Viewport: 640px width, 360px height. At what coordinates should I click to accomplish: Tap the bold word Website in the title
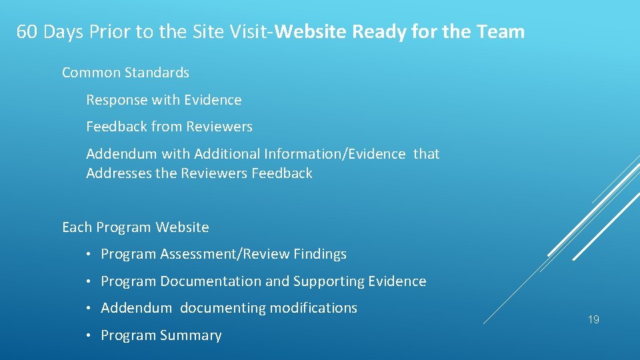(x=311, y=32)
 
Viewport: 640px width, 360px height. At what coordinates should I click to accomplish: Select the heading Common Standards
(x=125, y=73)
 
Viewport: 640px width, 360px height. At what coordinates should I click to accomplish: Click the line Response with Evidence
(x=164, y=100)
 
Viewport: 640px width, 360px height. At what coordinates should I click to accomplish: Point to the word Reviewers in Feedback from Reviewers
(x=219, y=127)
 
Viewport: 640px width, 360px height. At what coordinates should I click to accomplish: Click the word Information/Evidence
(x=334, y=154)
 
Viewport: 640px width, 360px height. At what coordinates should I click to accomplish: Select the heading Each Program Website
(x=135, y=227)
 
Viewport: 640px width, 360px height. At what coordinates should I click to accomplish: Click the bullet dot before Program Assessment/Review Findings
(x=89, y=255)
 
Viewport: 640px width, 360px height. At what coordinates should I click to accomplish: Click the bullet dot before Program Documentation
(x=89, y=282)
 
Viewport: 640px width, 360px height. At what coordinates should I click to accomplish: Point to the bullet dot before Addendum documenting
(x=89, y=309)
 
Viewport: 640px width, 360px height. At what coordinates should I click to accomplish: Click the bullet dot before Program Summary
(x=89, y=336)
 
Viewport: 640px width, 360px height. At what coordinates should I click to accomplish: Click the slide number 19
(x=593, y=320)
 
